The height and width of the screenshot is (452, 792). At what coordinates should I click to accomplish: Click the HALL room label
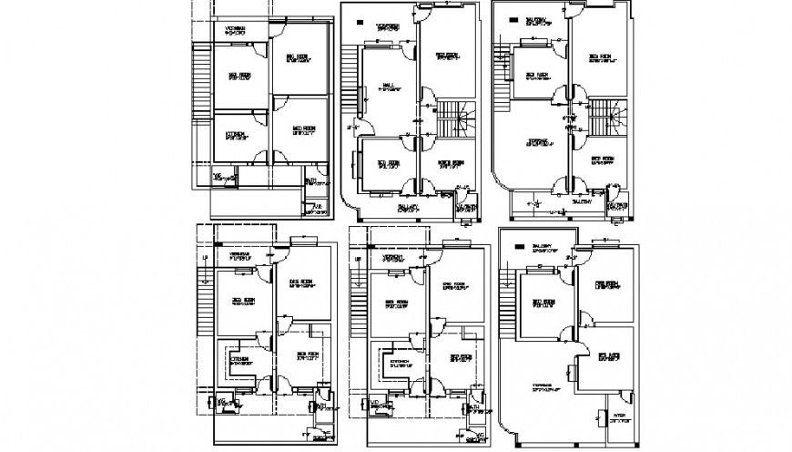pos(386,87)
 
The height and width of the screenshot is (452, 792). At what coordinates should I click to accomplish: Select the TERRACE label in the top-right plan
pos(538,141)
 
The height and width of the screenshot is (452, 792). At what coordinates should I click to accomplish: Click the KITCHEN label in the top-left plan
pos(235,136)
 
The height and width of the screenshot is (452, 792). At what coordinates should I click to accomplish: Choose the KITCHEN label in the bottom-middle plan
pos(399,361)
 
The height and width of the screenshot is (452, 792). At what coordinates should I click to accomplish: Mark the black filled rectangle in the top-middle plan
pos(360,21)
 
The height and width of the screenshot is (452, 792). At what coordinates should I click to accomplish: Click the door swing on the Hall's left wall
pos(357,126)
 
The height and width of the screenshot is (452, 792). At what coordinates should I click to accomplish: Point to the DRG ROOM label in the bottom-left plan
pos(300,280)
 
